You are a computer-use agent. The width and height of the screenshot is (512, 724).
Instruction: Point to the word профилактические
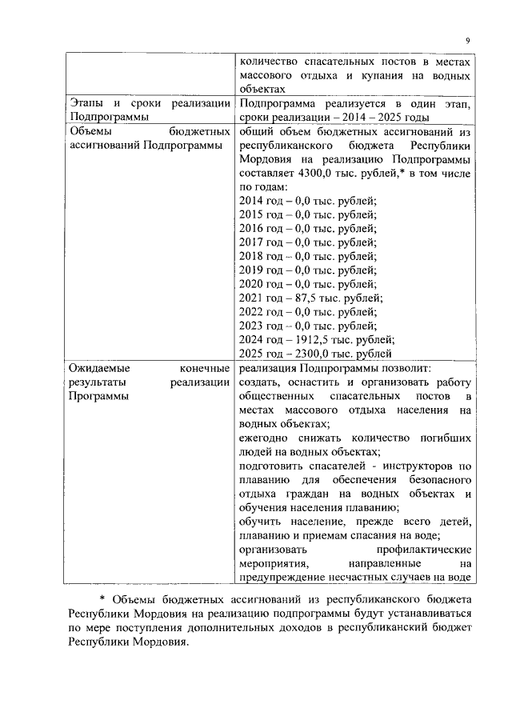pyautogui.click(x=424, y=550)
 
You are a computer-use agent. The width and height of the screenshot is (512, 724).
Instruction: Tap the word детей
pyautogui.click(x=457, y=522)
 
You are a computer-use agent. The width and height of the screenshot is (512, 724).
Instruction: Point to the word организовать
pyautogui.click(x=272, y=550)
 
